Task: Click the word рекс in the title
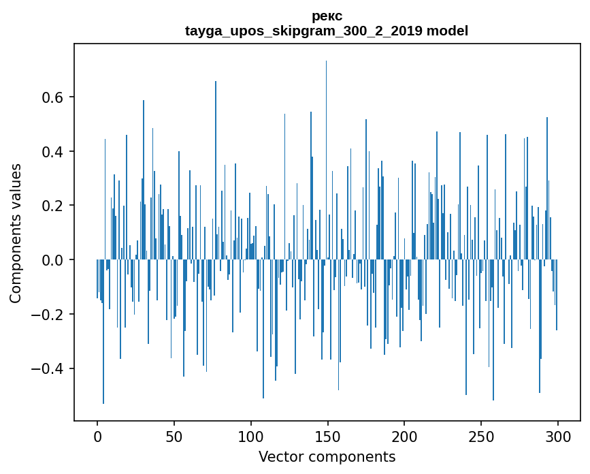[x=327, y=16]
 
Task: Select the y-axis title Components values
[x=16, y=233]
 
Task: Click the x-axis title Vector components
[x=327, y=456]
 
